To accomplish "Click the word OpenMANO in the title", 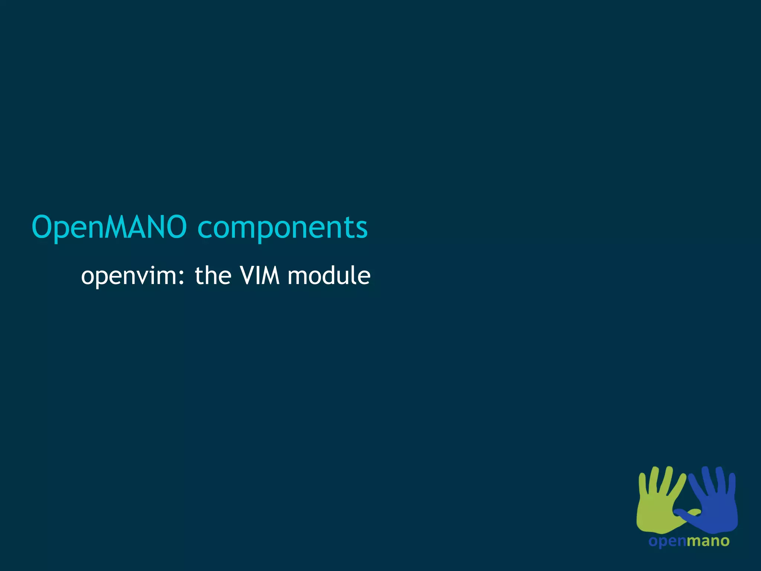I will pos(109,227).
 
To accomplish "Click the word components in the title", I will pos(282,228).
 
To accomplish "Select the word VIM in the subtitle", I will pos(259,276).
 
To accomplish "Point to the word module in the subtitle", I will pos(329,276).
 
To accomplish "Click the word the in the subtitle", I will pos(213,276).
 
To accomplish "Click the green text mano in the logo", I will pos(708,541).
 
